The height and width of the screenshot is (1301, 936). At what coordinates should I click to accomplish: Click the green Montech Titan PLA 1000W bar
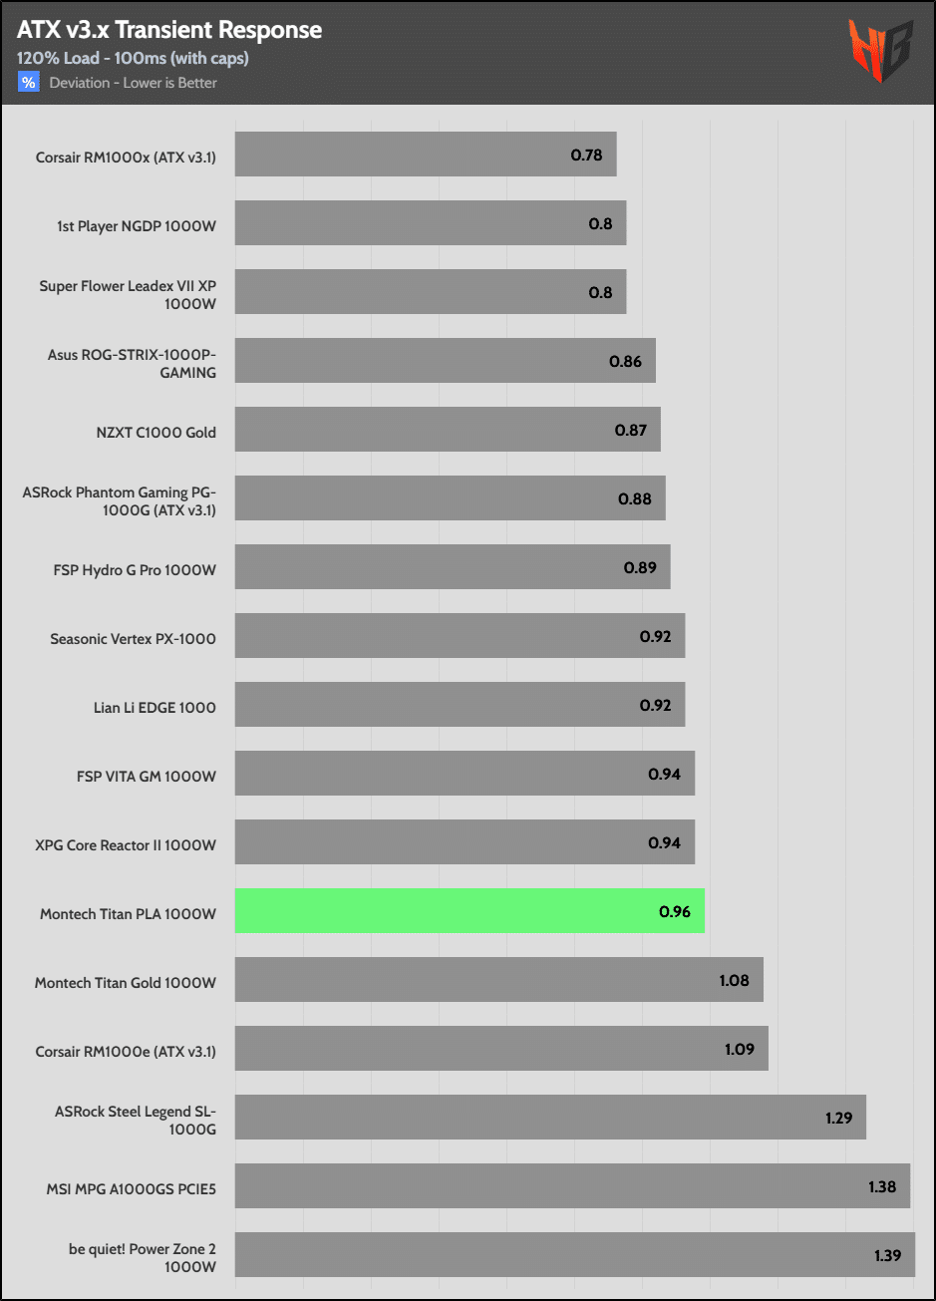pyautogui.click(x=468, y=911)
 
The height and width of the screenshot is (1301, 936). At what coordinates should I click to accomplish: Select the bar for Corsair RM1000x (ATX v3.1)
pyautogui.click(x=425, y=155)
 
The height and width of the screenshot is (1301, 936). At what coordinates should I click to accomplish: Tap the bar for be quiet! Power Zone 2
pyautogui.click(x=574, y=1255)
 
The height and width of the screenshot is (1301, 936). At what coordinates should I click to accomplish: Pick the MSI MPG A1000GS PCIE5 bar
pyautogui.click(x=572, y=1186)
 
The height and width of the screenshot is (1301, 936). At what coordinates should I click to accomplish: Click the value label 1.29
pyautogui.click(x=839, y=1118)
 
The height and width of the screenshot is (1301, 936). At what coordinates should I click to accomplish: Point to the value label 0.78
pyautogui.click(x=586, y=155)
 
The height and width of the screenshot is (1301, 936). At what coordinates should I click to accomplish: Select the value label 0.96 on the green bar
pyautogui.click(x=675, y=911)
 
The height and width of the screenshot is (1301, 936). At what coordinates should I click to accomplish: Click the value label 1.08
pyautogui.click(x=734, y=980)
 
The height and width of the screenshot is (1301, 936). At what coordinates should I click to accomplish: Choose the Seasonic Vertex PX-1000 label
pyautogui.click(x=133, y=639)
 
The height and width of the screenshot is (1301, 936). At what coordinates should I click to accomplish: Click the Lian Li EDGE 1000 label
pyautogui.click(x=155, y=708)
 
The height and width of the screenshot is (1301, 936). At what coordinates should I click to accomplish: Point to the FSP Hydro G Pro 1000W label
pyautogui.click(x=135, y=570)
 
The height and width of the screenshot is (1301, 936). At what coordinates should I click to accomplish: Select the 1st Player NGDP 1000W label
pyautogui.click(x=137, y=226)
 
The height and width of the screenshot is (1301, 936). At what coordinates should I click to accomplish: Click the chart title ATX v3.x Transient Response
pyautogui.click(x=169, y=30)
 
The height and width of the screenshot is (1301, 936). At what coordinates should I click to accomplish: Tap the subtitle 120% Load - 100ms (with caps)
pyautogui.click(x=133, y=58)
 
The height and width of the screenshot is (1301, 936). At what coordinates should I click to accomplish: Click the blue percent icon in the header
pyautogui.click(x=28, y=83)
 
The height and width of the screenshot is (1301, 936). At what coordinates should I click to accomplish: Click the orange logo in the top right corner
pyautogui.click(x=880, y=51)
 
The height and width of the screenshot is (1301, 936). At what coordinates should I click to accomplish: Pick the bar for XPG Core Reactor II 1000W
pyautogui.click(x=465, y=842)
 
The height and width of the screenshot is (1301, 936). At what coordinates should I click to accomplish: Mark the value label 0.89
pyautogui.click(x=640, y=567)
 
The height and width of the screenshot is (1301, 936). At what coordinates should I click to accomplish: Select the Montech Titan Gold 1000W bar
pyautogui.click(x=498, y=980)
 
